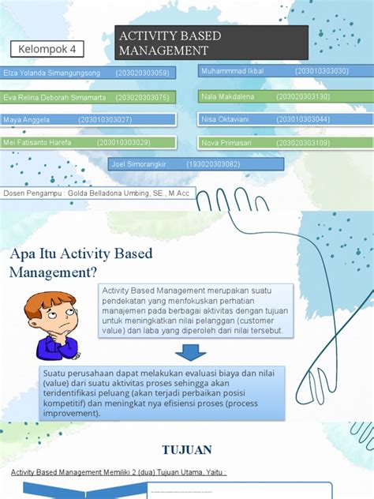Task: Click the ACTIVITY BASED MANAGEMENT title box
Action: (211, 43)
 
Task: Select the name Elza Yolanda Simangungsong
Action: (52, 73)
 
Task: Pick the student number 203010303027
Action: (105, 120)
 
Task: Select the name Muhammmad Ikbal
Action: (233, 71)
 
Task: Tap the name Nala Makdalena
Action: (228, 96)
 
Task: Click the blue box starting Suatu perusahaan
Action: (162, 392)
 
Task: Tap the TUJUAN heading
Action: (186, 450)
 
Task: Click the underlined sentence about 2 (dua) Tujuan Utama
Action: (118, 473)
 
